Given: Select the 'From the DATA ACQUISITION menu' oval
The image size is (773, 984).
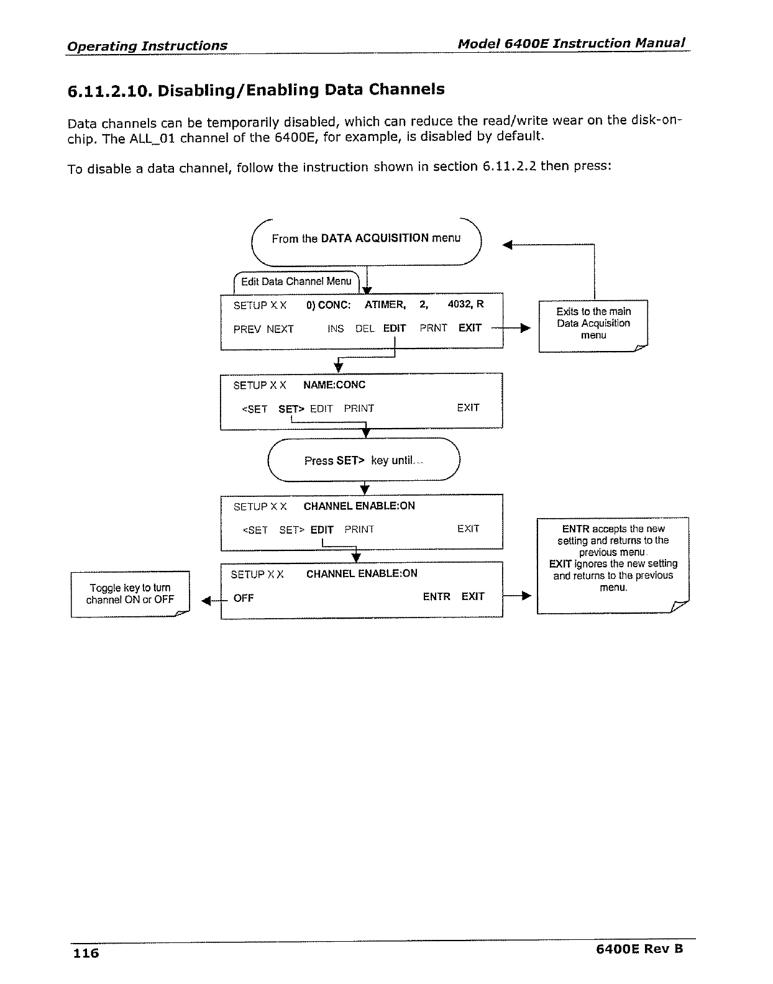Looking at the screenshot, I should click(x=366, y=239).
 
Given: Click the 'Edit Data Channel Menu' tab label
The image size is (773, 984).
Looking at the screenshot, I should click(x=296, y=281).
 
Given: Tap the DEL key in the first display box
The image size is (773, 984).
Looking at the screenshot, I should click(x=365, y=329).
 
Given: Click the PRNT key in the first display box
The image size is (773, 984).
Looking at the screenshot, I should click(x=433, y=328).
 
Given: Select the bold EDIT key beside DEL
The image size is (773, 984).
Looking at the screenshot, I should click(x=395, y=329).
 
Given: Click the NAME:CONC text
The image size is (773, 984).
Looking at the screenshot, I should click(x=334, y=385).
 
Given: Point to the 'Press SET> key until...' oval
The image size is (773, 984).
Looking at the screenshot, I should click(x=364, y=460).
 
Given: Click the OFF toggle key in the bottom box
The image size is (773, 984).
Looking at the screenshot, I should click(x=244, y=598).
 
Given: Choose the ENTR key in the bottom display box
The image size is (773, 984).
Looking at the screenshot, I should click(x=436, y=596).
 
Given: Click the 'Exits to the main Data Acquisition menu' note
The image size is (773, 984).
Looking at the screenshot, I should click(x=593, y=324).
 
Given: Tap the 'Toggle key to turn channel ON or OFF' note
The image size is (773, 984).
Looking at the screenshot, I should click(x=130, y=594).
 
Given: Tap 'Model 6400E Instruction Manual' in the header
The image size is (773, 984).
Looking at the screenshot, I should click(x=571, y=43).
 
